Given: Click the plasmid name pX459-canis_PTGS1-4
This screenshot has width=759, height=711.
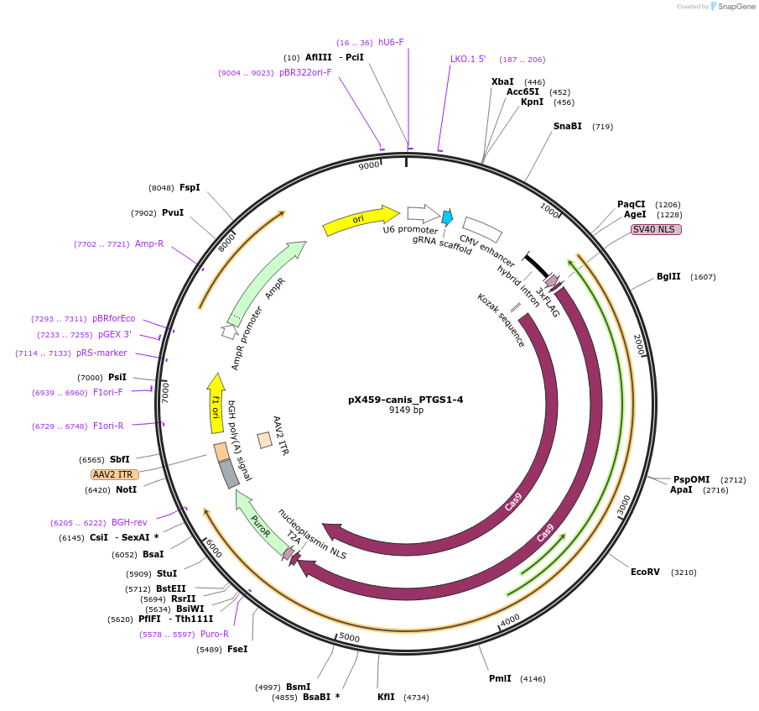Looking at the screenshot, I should point(405,400).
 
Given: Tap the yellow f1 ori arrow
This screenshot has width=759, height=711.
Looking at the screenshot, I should point(216,403).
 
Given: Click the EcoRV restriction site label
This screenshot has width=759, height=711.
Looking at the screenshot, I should point(645,572).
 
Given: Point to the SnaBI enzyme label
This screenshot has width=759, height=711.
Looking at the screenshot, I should point(567,127).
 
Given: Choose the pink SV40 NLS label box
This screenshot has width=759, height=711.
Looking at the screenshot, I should point(656,229).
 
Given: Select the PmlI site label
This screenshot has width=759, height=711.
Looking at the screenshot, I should point(500,678).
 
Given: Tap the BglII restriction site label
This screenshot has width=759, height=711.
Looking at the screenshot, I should point(668,276).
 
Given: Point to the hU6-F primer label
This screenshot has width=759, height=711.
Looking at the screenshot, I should point(391,42).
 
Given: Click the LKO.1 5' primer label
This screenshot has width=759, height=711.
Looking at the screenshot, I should point(468,60).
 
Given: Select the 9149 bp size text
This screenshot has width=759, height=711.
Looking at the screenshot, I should point(406,410).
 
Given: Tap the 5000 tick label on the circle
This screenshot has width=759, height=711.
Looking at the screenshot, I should point(349,638).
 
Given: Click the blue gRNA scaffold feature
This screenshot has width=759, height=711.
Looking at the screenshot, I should point(447,217).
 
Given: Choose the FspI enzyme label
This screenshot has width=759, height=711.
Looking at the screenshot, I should point(190,187).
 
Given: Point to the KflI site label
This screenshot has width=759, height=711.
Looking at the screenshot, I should point(386,697).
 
